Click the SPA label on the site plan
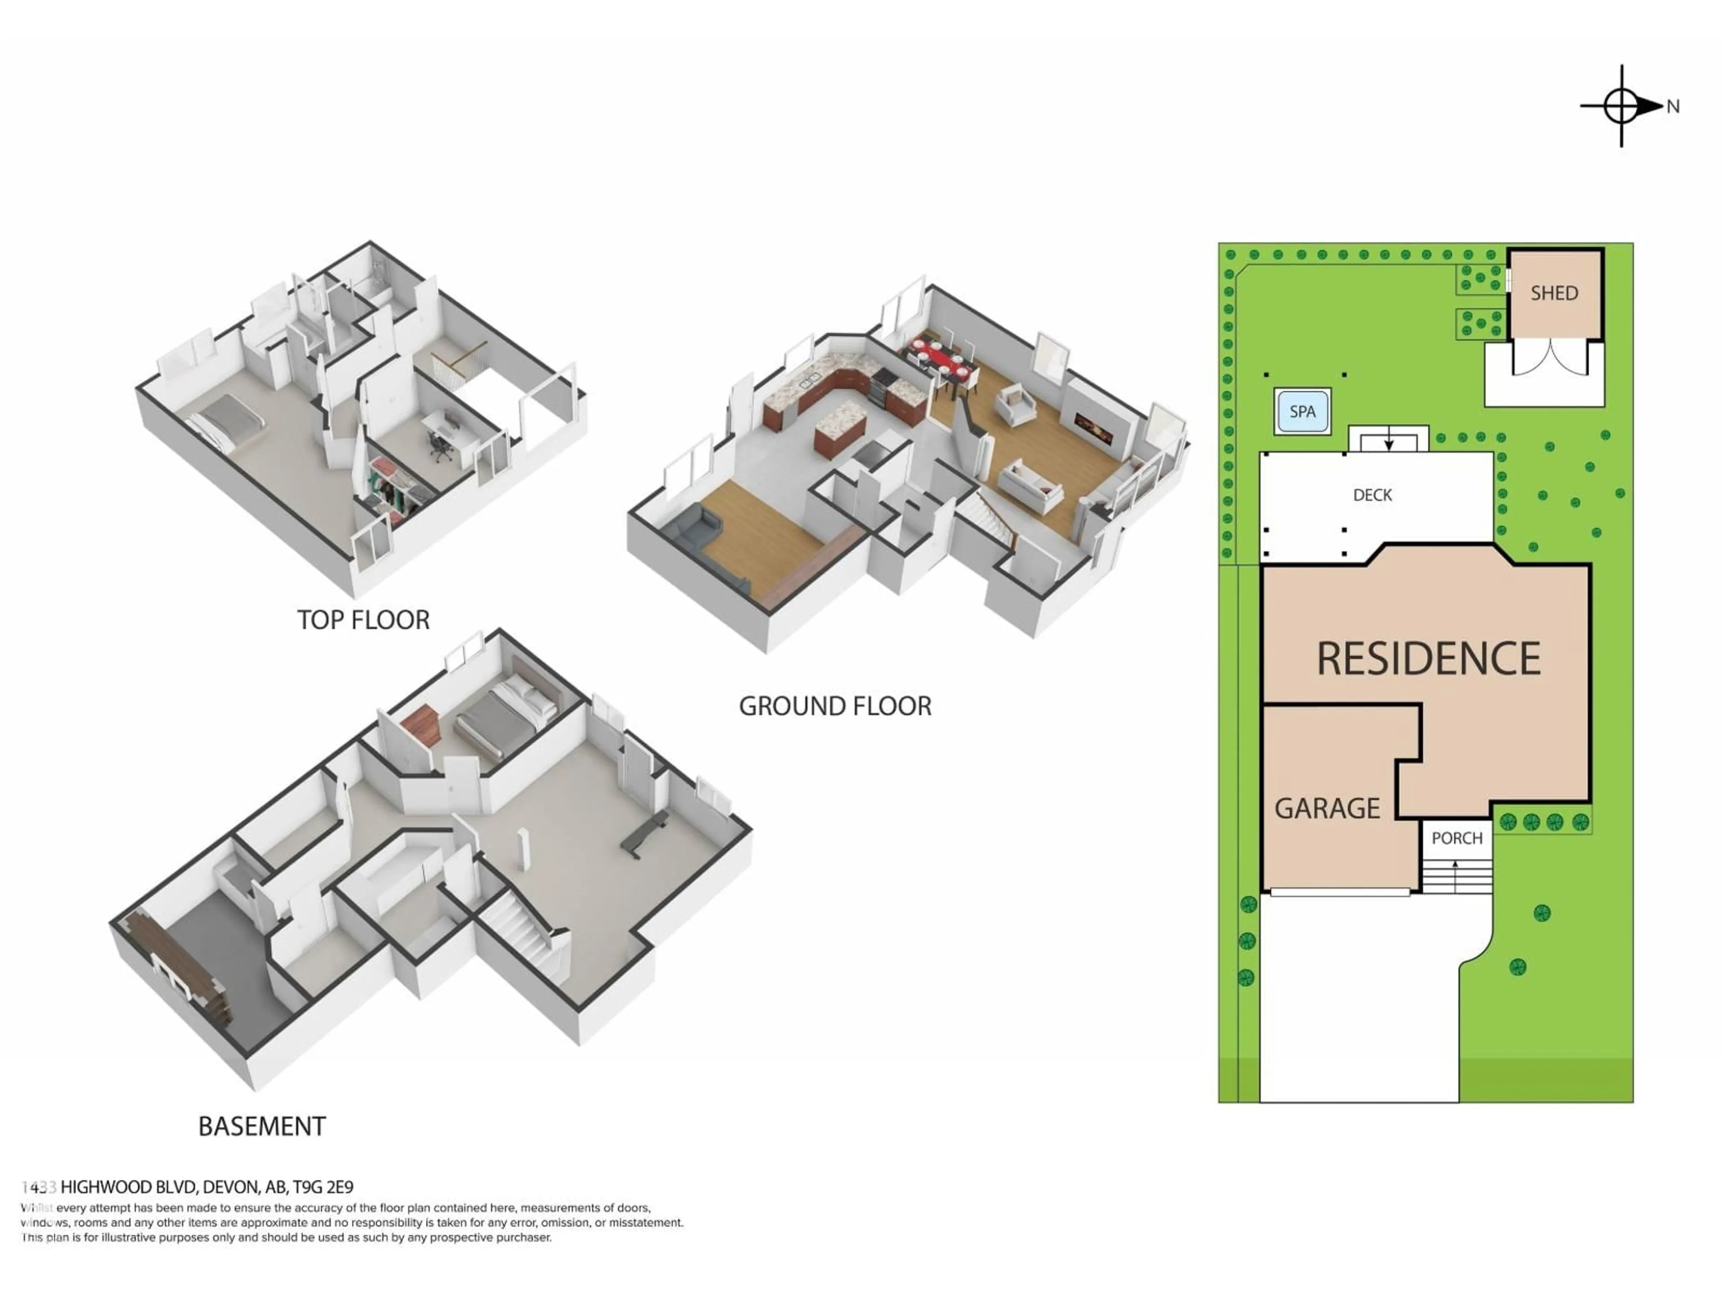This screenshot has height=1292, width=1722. (1302, 411)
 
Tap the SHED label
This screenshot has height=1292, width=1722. (1554, 293)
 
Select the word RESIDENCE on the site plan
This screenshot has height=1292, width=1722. (1428, 659)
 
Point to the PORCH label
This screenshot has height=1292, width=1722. (1457, 838)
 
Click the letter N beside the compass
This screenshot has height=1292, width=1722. (1672, 107)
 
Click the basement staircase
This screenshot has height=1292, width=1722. (517, 927)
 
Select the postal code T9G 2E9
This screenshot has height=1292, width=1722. (322, 1187)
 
